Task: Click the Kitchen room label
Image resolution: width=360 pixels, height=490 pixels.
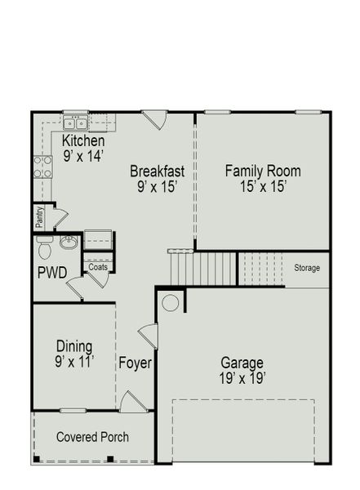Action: pos(84,141)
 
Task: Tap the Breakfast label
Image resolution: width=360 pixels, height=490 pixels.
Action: pos(157,171)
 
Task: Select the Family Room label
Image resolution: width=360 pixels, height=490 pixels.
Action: pos(263,171)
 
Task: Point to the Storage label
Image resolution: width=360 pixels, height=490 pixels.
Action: pos(307,268)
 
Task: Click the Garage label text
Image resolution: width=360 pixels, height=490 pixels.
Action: pos(242,363)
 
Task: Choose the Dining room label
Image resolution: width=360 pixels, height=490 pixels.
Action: pos(73,345)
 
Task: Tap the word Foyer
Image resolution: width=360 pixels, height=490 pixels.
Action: pos(135,363)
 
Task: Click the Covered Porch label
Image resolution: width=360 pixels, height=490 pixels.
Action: pos(92,437)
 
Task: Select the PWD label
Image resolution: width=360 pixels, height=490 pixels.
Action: pos(52,271)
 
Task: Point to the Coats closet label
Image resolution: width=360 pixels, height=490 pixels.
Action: pos(98,265)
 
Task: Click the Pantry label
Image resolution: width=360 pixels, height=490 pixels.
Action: pos(39,217)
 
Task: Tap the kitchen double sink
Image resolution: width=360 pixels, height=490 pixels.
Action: pos(76,124)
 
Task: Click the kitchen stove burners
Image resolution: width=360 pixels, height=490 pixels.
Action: pos(42,167)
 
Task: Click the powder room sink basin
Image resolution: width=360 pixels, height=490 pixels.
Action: pos(69,242)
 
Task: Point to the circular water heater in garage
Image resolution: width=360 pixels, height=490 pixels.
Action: pos(170,303)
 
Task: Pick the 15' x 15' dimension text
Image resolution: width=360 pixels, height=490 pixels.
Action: pos(263,186)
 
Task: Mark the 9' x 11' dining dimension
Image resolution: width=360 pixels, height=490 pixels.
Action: pos(73,360)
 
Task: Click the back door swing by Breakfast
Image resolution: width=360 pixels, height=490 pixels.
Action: pos(153,118)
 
